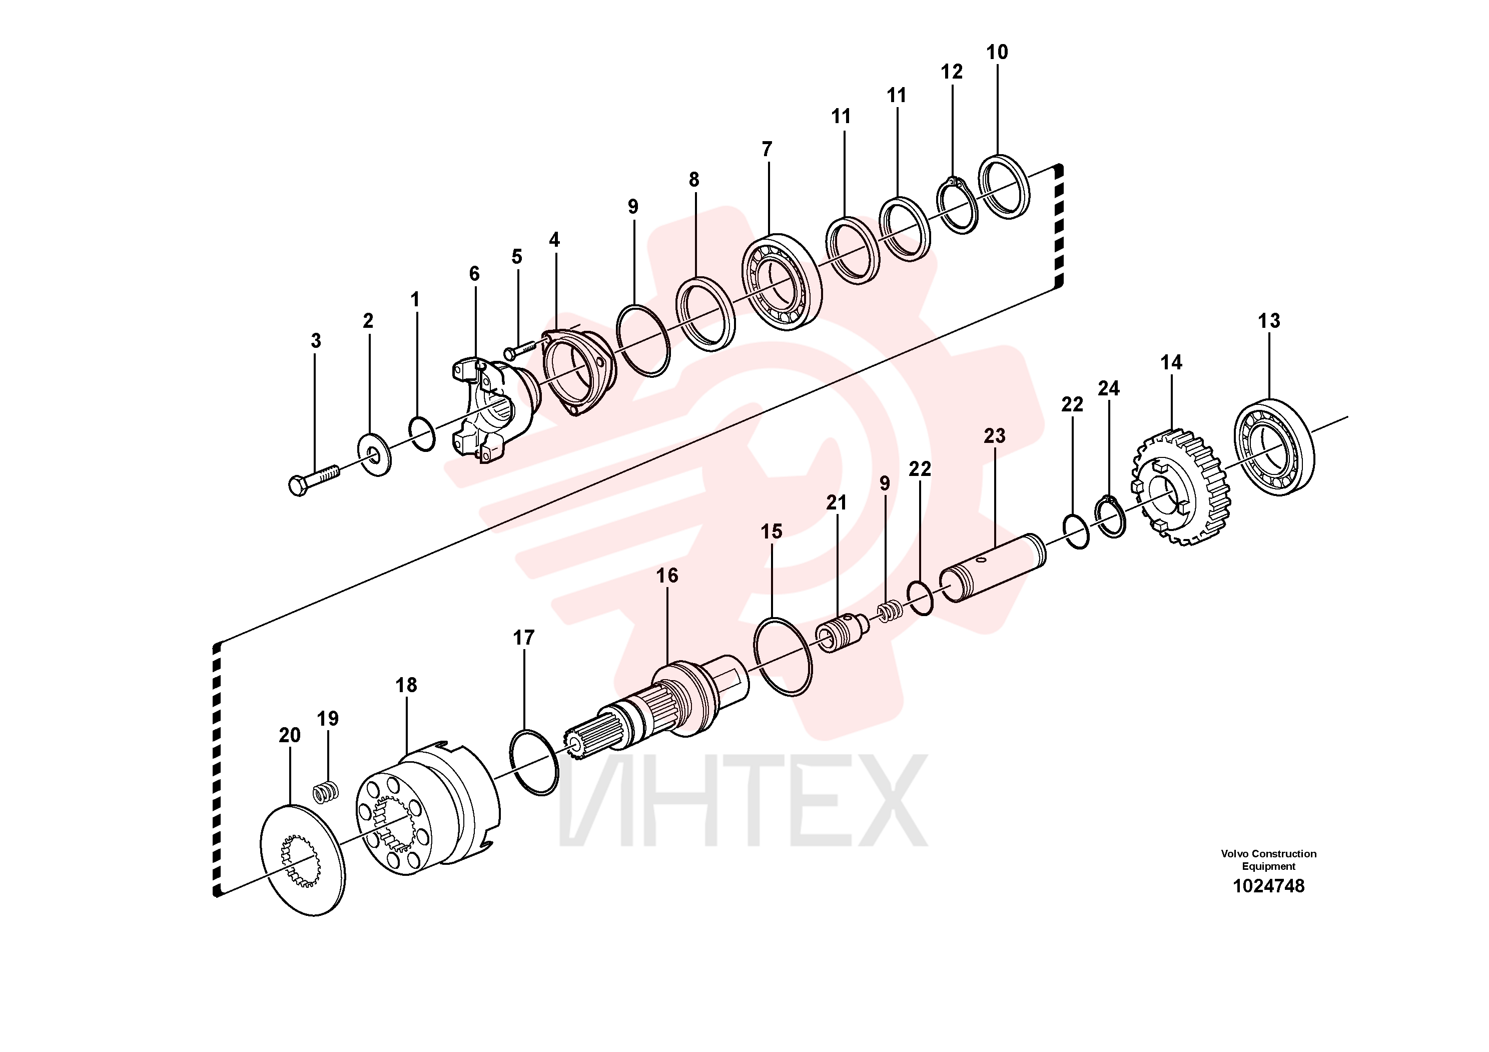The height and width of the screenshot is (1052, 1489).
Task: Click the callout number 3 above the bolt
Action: pos(316,341)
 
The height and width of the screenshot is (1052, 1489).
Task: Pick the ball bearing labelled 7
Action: pos(782,282)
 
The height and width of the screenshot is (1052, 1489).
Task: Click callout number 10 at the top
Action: pos(997,52)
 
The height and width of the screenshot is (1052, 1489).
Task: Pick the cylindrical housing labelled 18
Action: pos(427,809)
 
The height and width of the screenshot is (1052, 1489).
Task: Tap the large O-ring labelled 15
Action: pos(783,656)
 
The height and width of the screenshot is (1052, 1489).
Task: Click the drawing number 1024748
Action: pos(1268,886)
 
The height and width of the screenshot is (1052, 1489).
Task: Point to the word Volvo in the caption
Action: pos(1235,853)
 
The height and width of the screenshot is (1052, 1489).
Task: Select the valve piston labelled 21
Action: pos(842,633)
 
